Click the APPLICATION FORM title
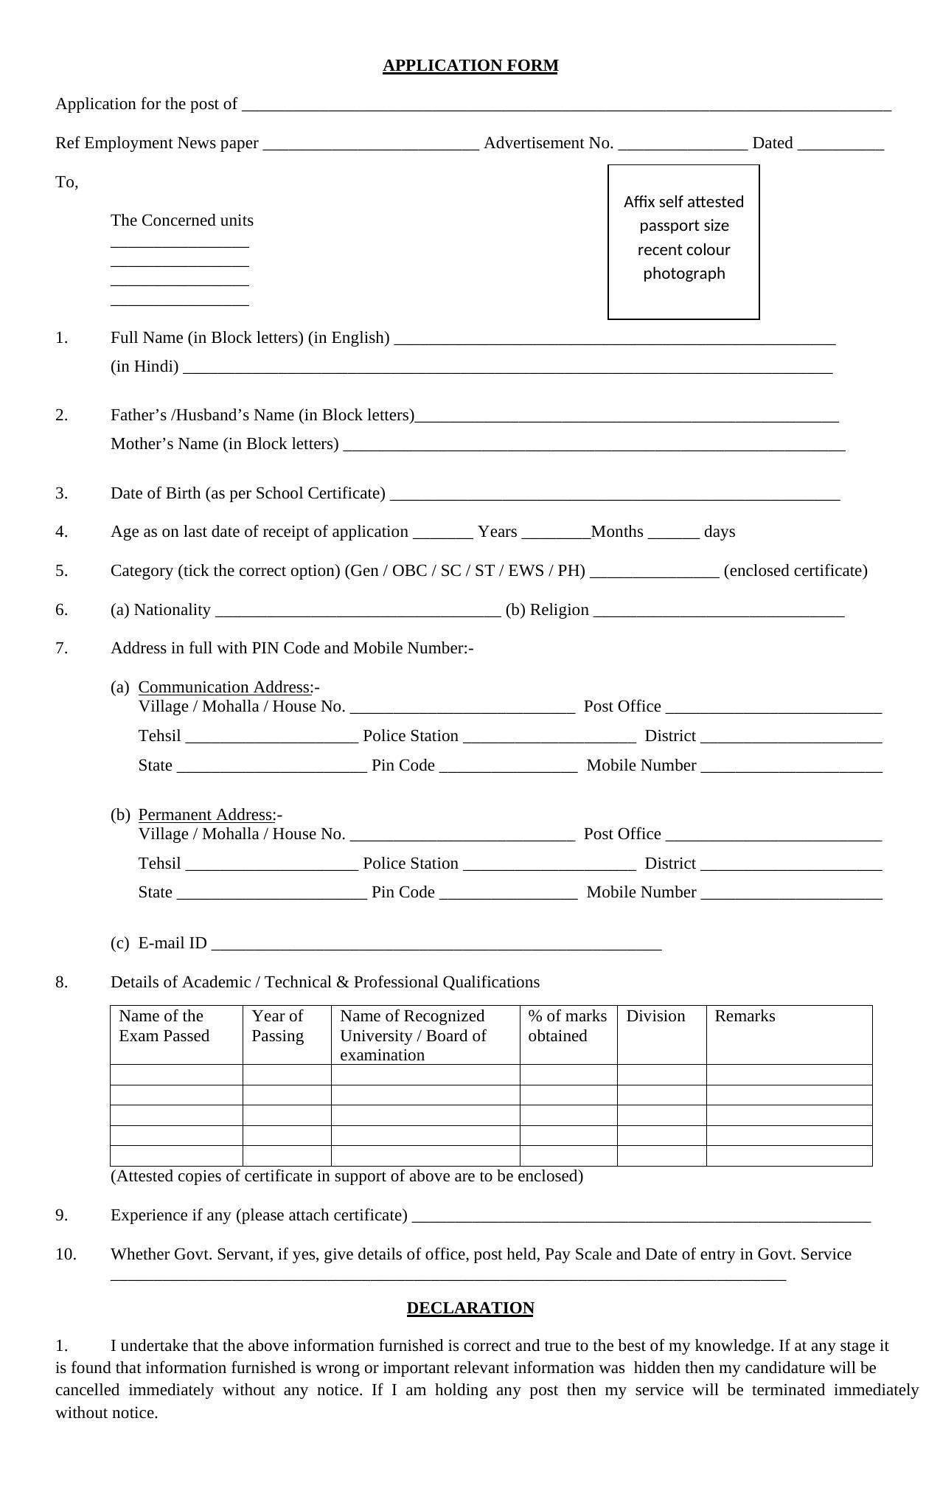[x=470, y=66]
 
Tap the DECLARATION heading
[x=470, y=1307]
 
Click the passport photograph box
[x=683, y=242]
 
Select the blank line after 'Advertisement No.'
[x=683, y=145]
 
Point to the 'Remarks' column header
[x=745, y=1016]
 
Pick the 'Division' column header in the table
[x=655, y=1016]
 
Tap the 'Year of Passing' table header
[x=278, y=1026]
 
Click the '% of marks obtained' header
[x=567, y=1026]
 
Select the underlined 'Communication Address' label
[x=225, y=687]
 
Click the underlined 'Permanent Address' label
[x=206, y=815]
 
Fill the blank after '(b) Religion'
[x=719, y=612]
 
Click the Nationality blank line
[x=358, y=612]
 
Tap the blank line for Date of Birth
[x=615, y=496]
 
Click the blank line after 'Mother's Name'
[x=594, y=446]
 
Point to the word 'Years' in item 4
[x=497, y=532]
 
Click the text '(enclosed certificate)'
[x=795, y=571]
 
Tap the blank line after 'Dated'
[x=840, y=145]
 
